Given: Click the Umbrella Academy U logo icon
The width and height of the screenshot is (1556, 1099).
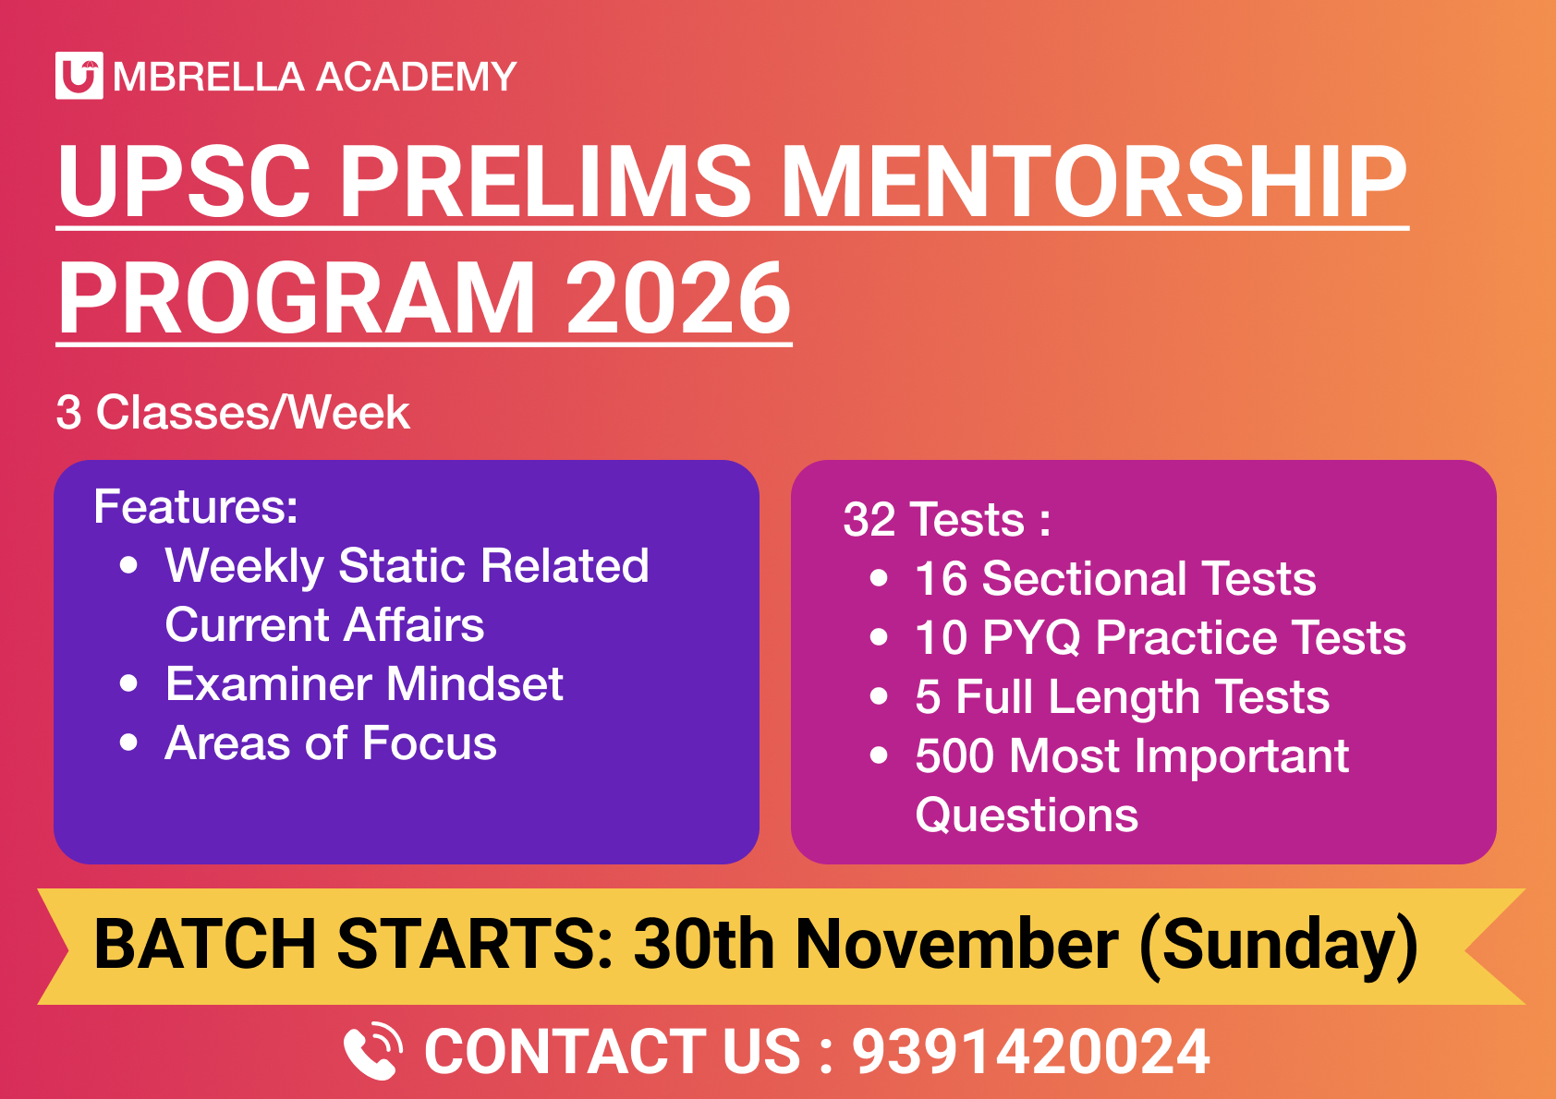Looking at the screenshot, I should [x=79, y=76].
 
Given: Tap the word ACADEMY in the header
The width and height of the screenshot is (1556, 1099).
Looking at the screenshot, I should [x=416, y=77].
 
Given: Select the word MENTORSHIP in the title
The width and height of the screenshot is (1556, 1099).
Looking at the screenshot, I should [x=1095, y=182].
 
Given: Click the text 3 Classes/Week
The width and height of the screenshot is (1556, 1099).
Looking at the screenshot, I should [x=232, y=412].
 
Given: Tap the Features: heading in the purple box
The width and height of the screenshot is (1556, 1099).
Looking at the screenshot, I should [x=196, y=506].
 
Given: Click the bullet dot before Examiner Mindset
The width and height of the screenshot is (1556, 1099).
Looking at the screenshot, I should [x=129, y=684].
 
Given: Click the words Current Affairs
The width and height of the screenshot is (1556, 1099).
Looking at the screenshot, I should [x=324, y=625].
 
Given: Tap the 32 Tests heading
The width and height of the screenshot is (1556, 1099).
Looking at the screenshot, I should [x=946, y=519].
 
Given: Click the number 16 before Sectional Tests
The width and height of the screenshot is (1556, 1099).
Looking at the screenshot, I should [x=940, y=579].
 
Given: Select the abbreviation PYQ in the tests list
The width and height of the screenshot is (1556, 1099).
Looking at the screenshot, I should [x=1031, y=638].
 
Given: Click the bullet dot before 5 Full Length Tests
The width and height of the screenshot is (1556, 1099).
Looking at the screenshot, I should [x=879, y=697].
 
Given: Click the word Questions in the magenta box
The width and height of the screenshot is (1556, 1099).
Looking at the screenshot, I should [x=1027, y=815].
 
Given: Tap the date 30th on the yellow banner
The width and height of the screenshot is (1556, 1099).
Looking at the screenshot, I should [x=704, y=945].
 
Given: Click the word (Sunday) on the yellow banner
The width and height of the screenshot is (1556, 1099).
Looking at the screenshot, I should [x=1279, y=945].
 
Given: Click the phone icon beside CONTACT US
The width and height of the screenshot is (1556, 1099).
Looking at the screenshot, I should [x=372, y=1051].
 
